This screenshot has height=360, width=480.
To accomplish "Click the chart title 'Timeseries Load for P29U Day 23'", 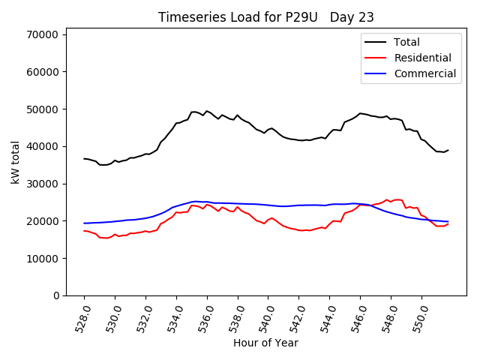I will pos(266,16).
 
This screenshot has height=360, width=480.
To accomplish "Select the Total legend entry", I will pos(406,42).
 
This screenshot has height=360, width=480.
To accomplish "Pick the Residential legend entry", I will pos(424,58).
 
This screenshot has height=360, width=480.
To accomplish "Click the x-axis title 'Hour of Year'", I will pos(265,343).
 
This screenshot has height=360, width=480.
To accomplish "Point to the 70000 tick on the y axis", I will pos(43,34).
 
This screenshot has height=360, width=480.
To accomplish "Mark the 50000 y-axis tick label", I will pos(43,109).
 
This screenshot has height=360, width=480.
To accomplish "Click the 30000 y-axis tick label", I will pos(43,184).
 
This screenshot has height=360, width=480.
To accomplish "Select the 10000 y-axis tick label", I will pos(43,258).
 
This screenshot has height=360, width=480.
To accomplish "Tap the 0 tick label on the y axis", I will pos(56,295).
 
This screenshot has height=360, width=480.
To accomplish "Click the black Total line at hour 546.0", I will pos(360,113).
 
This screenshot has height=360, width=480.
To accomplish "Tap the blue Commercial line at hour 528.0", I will pos(84,223).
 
